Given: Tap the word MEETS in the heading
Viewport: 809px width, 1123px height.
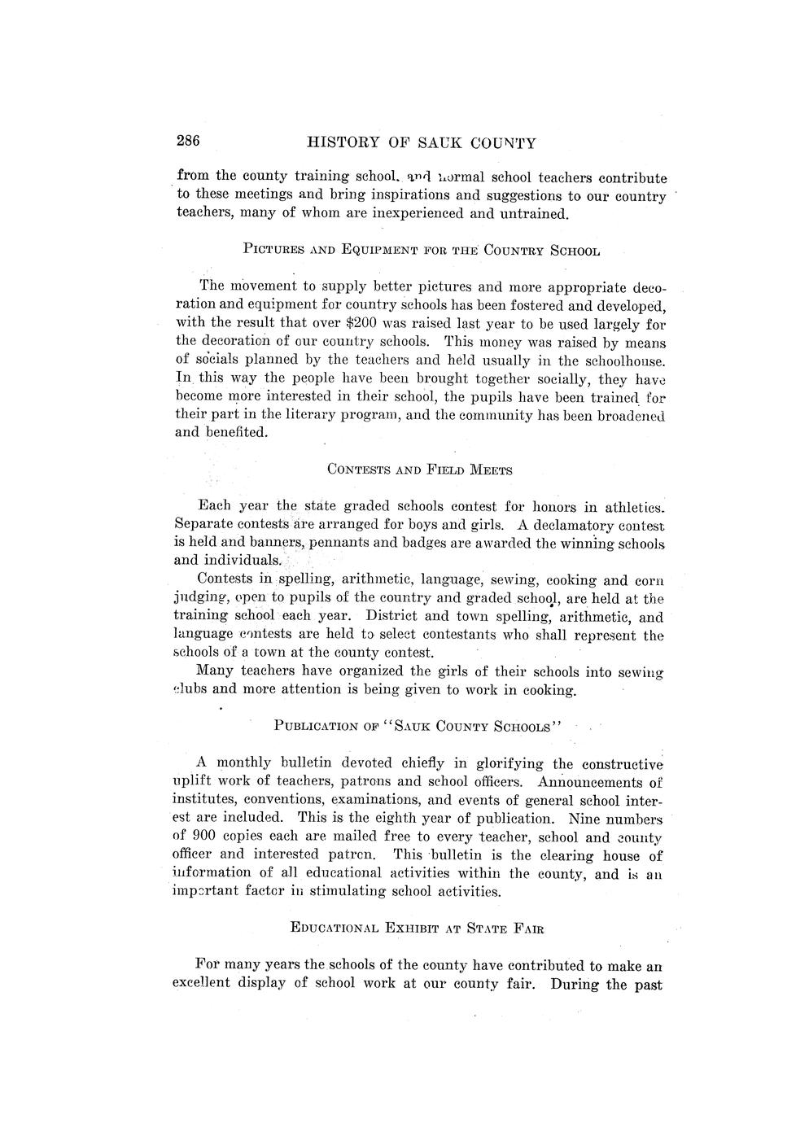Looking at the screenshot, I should pos(486,470).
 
